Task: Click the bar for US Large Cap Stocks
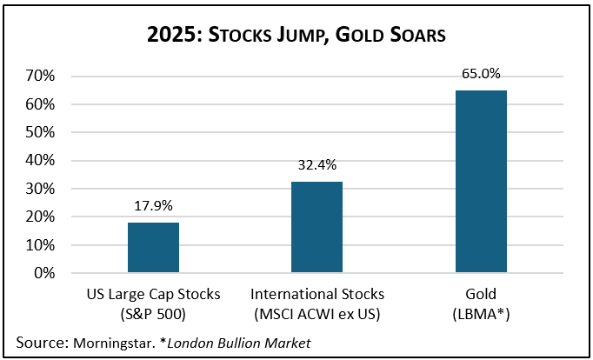point(154,248)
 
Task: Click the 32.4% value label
point(316,165)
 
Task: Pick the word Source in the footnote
point(38,343)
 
